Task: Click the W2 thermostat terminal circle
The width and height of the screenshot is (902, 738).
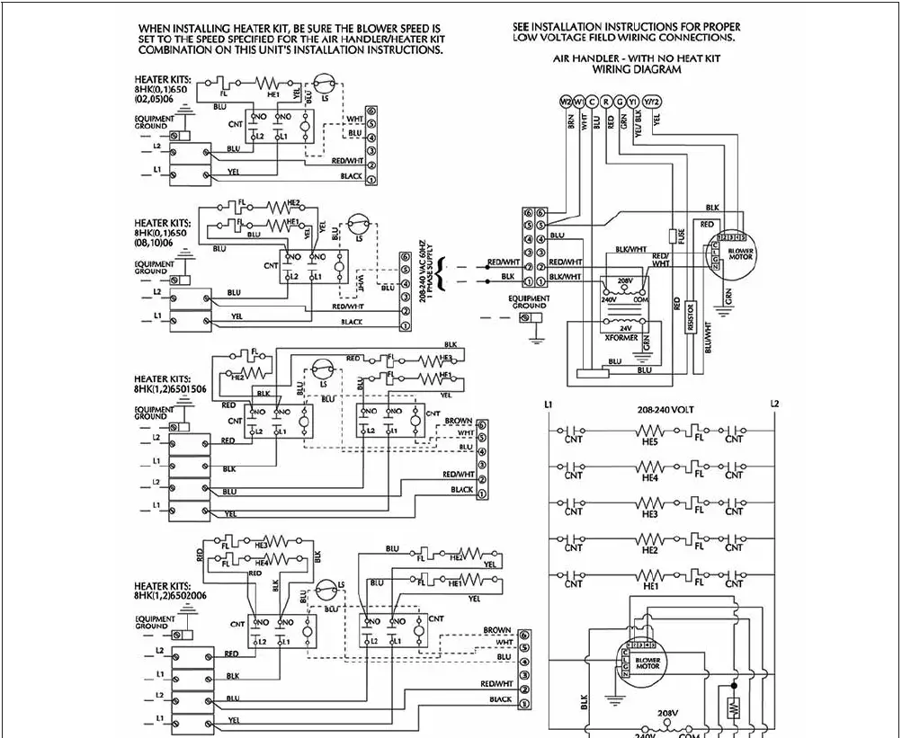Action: pyautogui.click(x=566, y=101)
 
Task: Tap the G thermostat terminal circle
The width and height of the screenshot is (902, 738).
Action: pyautogui.click(x=621, y=101)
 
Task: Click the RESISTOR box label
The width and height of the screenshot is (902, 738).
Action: pyautogui.click(x=690, y=318)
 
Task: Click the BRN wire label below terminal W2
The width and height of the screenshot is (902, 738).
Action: pyautogui.click(x=570, y=123)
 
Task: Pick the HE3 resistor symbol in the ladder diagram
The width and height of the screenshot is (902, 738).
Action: pyautogui.click(x=649, y=503)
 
